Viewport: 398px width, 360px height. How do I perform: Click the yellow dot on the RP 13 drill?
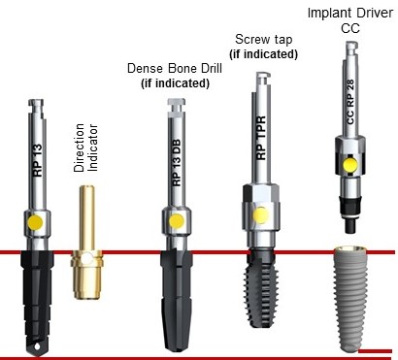(x=36, y=222)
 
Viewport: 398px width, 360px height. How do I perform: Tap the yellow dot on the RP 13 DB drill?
(x=177, y=222)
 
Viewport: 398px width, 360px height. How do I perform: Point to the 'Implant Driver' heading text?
(x=348, y=11)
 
